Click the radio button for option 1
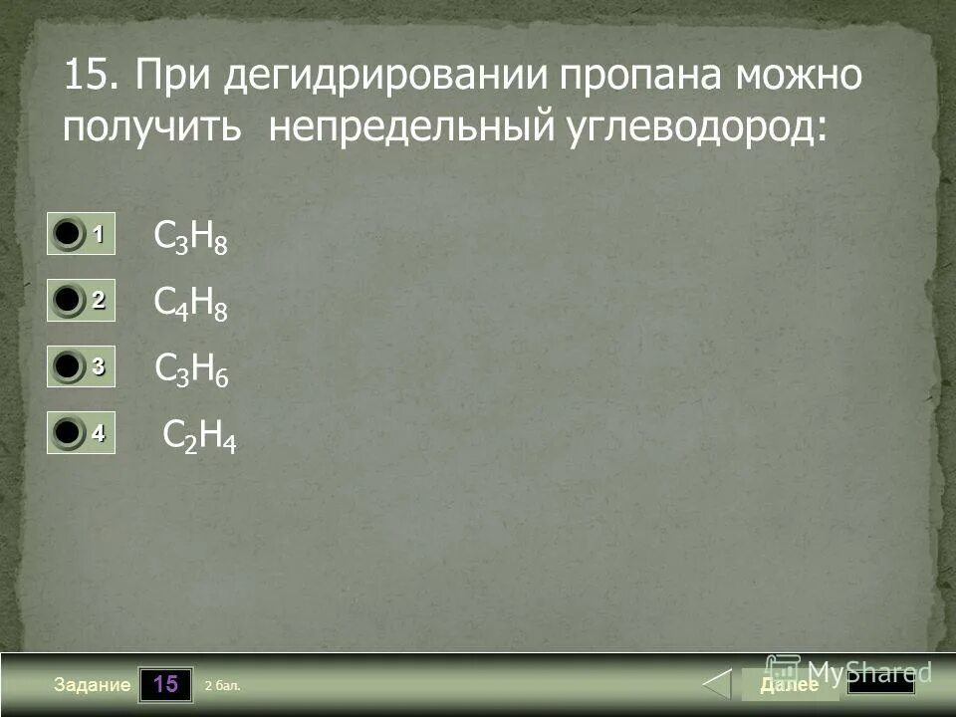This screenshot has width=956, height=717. [x=68, y=235]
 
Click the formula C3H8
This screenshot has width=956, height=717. [x=191, y=239]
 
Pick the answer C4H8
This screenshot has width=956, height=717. [x=191, y=305]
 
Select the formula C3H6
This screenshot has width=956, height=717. [x=192, y=371]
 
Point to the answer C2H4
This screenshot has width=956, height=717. [x=199, y=437]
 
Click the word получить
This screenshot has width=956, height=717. [x=152, y=128]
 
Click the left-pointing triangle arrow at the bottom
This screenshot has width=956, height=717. [x=716, y=685]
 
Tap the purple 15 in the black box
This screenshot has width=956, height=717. [x=165, y=685]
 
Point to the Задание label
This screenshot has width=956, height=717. [x=93, y=685]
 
